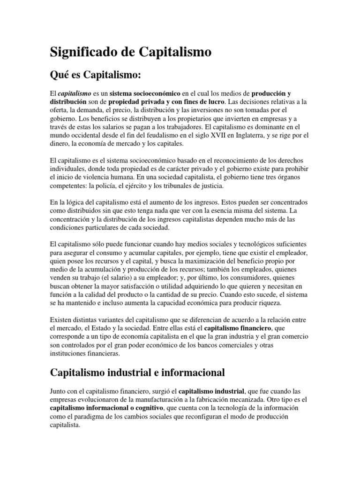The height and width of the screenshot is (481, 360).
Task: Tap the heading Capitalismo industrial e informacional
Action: point(137,372)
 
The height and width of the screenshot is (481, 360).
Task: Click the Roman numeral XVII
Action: point(217,136)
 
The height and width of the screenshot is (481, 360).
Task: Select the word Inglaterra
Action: point(256,136)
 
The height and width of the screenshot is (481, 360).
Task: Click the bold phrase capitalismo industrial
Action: point(212,391)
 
